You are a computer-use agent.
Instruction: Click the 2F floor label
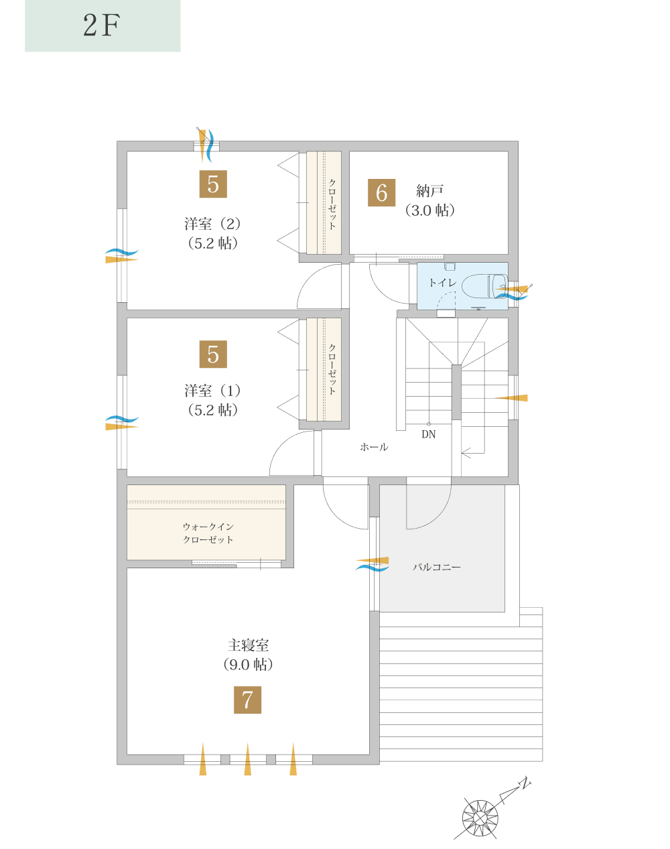coord(102,26)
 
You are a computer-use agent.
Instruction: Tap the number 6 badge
coord(382,193)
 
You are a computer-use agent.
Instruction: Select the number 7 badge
coord(247,700)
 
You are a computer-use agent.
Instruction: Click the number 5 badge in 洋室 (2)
coord(213,184)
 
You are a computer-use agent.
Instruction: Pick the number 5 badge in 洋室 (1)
coord(213,354)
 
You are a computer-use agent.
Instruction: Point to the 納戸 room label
coord(430,192)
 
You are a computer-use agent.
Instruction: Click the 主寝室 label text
coord(248,645)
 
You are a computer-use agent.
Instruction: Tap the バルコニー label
coord(436,568)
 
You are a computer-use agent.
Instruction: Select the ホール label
coord(374,447)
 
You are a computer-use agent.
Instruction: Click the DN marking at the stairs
coord(428,434)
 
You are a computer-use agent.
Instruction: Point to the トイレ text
coord(442,283)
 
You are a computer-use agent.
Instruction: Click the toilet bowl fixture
coord(482,285)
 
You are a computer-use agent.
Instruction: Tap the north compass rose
coord(480,818)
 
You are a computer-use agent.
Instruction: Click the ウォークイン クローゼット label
coord(208,533)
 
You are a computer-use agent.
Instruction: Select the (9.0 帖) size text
coord(248,665)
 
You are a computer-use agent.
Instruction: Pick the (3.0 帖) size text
coord(430,210)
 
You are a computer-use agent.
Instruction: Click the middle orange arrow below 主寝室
coord(247,760)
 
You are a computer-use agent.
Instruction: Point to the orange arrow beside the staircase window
coord(513,398)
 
